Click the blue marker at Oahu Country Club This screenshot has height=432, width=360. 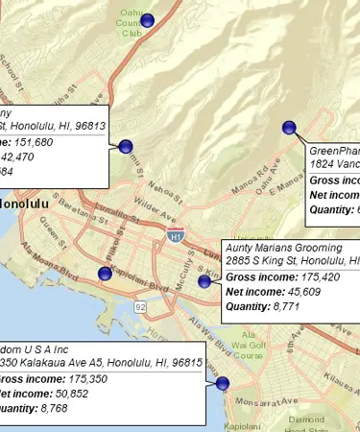coord(147,20)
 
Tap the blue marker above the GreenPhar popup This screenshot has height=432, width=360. coord(289,128)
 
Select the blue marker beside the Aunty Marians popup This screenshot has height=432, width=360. coord(204,280)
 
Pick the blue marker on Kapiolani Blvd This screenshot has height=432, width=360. coord(105,274)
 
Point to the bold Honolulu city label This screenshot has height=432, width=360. coord(25,204)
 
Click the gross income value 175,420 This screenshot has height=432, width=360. coord(306,276)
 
